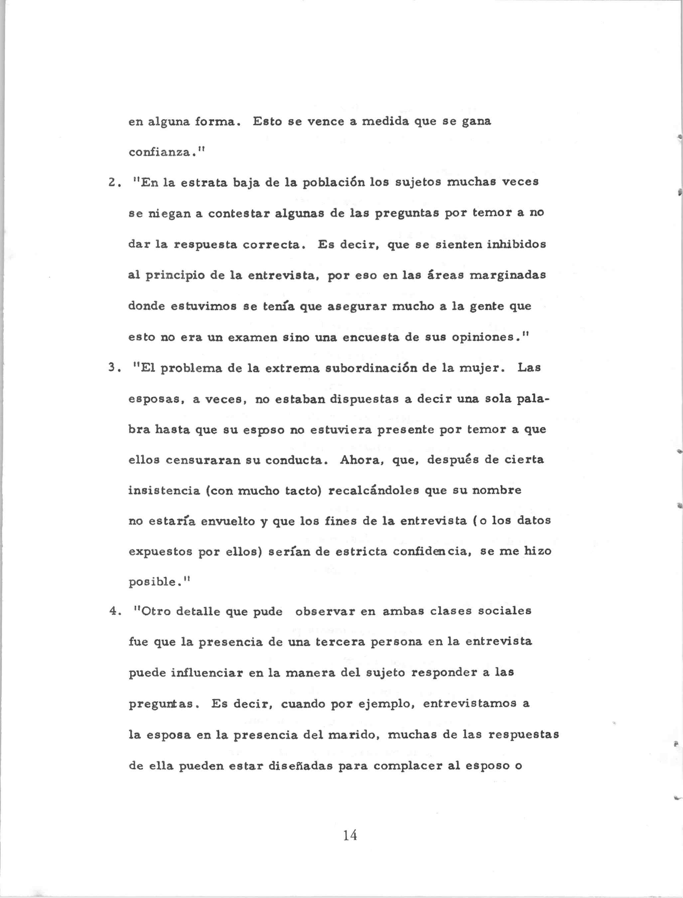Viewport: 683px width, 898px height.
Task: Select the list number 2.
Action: [113, 183]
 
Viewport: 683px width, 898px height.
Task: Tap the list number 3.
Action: [113, 368]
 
